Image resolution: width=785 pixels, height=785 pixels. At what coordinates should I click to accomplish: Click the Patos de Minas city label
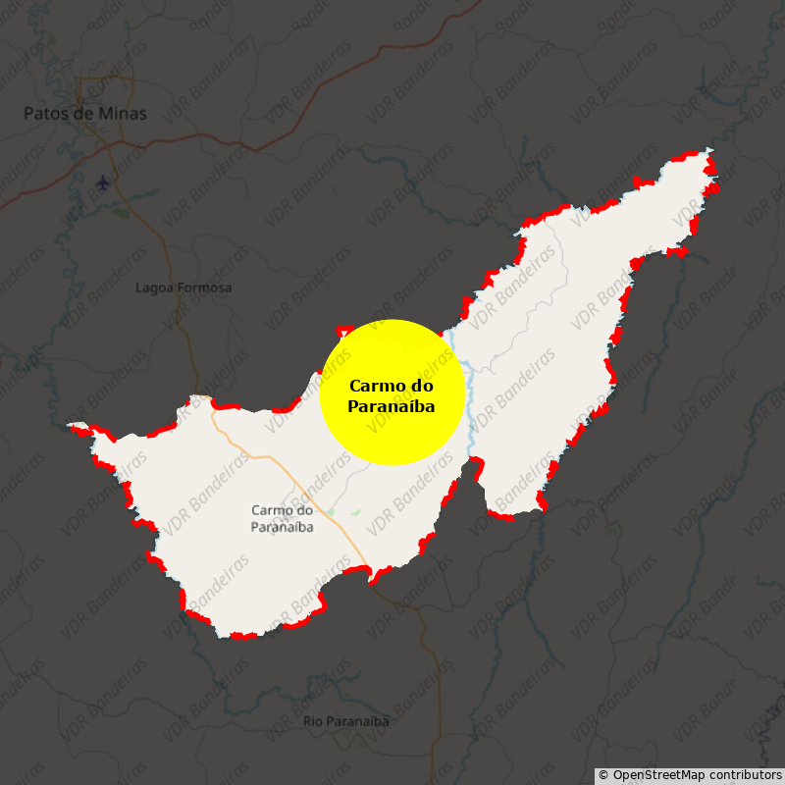[85, 114]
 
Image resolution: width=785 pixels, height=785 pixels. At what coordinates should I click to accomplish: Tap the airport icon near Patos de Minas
[103, 183]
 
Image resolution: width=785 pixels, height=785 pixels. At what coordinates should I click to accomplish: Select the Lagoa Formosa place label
[183, 288]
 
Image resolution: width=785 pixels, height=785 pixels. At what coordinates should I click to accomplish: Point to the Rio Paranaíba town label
[345, 721]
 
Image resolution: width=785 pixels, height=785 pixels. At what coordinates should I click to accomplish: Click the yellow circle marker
[392, 392]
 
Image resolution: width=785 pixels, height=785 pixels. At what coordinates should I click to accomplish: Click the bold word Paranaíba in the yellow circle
[392, 406]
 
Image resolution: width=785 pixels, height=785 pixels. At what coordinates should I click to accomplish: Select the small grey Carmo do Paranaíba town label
[283, 518]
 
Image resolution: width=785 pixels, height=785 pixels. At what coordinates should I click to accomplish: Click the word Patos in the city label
[43, 114]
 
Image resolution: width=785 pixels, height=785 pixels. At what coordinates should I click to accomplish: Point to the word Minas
[124, 114]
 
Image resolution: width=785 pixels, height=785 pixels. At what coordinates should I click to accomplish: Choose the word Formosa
[205, 288]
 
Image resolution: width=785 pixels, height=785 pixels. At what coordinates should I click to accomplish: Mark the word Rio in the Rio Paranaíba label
[313, 721]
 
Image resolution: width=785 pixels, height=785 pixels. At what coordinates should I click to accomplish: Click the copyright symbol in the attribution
[603, 775]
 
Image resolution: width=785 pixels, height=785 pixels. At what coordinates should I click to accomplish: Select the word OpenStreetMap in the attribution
[657, 775]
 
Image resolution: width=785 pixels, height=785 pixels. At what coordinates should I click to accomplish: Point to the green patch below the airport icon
[121, 211]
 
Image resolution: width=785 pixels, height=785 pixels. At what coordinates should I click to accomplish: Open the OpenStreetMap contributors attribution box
[690, 775]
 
